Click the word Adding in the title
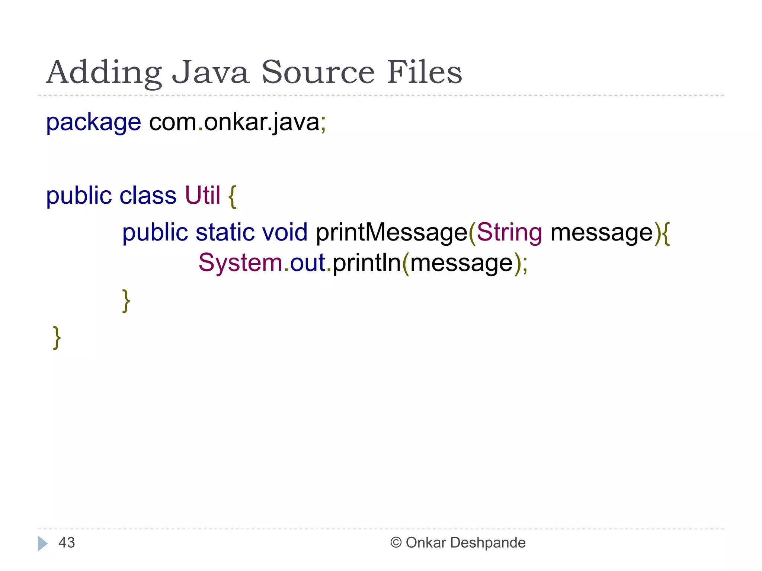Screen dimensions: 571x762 click(x=104, y=72)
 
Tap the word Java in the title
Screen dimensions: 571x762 click(x=210, y=72)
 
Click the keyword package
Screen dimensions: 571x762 click(x=93, y=122)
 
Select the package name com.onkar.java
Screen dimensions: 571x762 click(x=234, y=122)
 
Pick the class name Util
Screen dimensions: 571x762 click(x=203, y=196)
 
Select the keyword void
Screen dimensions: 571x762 click(x=285, y=232)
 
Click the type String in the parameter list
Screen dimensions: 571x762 click(x=509, y=233)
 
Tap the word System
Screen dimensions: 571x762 click(x=240, y=263)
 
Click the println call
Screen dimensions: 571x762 click(x=366, y=263)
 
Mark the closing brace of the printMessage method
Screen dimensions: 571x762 click(x=126, y=301)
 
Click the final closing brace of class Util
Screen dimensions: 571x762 click(x=57, y=338)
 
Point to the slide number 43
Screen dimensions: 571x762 click(x=67, y=543)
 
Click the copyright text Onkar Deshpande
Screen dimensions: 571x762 click(x=465, y=543)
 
